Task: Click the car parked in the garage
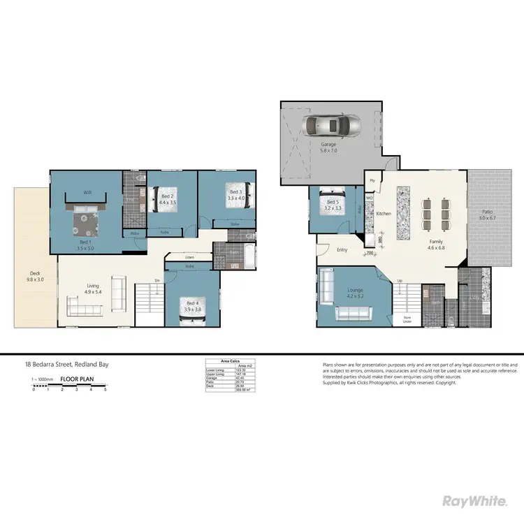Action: [333, 126]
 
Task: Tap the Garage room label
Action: [328, 147]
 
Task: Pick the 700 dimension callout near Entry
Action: [370, 254]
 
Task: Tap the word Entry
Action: [342, 249]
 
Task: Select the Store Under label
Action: [408, 320]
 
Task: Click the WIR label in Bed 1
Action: [88, 191]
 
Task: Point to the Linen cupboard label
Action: [189, 257]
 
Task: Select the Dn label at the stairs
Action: [158, 280]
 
